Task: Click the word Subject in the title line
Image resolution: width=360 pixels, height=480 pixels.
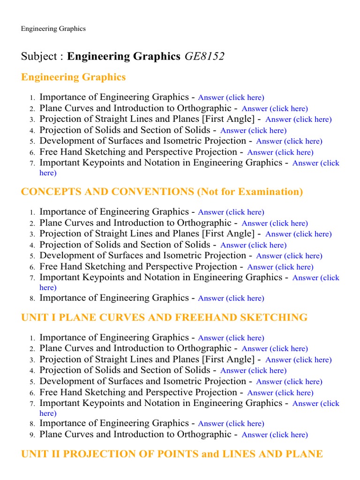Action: click(x=38, y=57)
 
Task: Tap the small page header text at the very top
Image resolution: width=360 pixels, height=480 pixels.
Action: click(x=53, y=29)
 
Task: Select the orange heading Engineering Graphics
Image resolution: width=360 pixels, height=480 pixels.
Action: click(x=73, y=77)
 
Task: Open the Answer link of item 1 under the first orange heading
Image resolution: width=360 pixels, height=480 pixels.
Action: click(x=231, y=97)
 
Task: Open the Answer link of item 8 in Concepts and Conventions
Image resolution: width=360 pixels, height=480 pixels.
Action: click(x=231, y=298)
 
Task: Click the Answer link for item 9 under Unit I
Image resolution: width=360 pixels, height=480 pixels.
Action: click(x=275, y=435)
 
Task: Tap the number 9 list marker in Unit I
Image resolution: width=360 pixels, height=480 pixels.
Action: click(x=32, y=435)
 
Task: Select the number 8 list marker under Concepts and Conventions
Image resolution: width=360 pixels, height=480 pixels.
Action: click(x=32, y=299)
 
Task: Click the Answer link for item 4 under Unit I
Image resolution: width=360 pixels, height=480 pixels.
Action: click(x=253, y=371)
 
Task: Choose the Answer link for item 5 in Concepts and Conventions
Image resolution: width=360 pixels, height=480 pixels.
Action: click(x=289, y=256)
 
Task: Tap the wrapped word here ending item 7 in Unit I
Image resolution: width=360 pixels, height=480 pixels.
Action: click(x=48, y=413)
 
